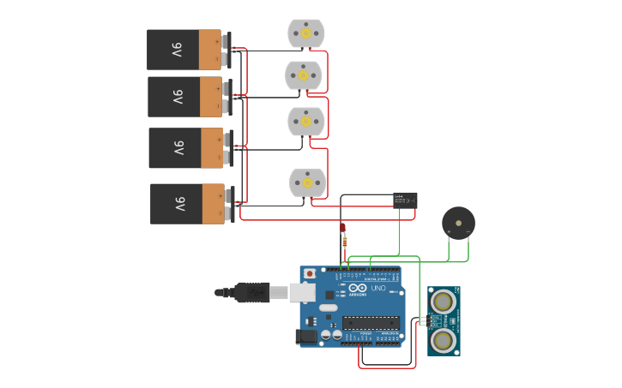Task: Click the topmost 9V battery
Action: coord(184,50)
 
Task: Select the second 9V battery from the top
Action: coord(185,97)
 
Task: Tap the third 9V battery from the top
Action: coord(186,148)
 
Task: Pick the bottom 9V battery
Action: coord(188,204)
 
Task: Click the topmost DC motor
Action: coord(305,33)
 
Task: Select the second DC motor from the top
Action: coord(304,75)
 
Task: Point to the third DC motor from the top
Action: coord(305,122)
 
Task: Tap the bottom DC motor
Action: coord(307,182)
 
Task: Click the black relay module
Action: coord(405,200)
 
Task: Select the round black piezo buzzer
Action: coord(458,223)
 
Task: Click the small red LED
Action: coord(342,228)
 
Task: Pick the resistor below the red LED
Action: coord(345,243)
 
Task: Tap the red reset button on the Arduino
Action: coord(309,274)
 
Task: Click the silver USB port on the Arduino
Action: coord(302,293)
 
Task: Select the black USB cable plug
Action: coord(252,292)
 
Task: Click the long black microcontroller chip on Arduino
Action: coord(371,323)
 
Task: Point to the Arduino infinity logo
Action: coord(358,290)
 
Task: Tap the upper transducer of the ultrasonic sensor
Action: coord(443,301)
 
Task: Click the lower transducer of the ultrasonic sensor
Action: coord(443,340)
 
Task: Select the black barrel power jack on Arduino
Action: coord(306,337)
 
